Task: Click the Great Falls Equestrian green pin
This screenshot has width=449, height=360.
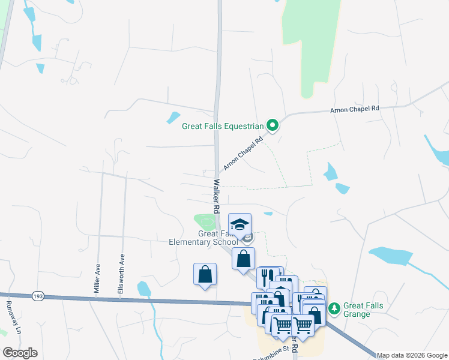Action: tap(273, 125)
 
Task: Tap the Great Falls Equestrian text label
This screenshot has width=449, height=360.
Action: tap(223, 126)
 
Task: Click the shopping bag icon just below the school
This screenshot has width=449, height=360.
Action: tap(244, 259)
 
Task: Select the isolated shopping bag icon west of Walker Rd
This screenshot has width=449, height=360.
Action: tap(205, 274)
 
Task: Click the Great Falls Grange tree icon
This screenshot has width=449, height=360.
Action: tap(334, 309)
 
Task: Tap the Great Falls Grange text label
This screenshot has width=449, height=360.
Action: tap(363, 310)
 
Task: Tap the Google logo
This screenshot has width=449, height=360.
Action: tap(20, 352)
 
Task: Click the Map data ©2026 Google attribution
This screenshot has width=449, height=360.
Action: tap(411, 355)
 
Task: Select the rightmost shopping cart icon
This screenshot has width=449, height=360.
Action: tap(303, 324)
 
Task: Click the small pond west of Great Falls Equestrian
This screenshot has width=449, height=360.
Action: tap(173, 117)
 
